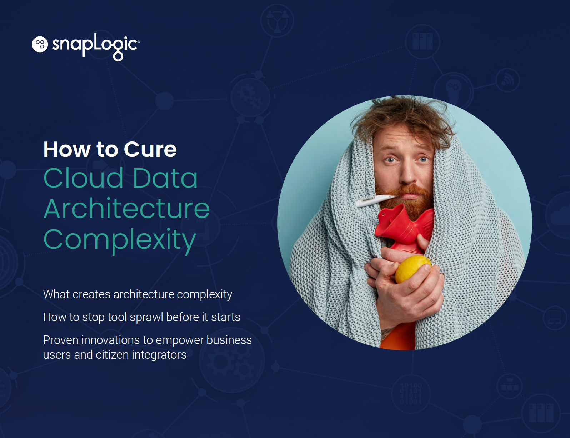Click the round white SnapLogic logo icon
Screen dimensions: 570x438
click(x=40, y=44)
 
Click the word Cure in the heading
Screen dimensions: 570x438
click(x=150, y=149)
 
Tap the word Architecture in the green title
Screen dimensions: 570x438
click(x=126, y=209)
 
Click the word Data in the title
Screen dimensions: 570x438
click(x=165, y=178)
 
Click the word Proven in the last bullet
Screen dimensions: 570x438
click(x=61, y=340)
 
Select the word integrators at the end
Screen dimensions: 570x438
click(x=159, y=355)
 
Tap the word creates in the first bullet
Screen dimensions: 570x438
click(x=91, y=294)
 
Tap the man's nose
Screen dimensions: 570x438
click(x=408, y=172)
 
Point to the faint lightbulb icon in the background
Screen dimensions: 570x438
click(x=453, y=90)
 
